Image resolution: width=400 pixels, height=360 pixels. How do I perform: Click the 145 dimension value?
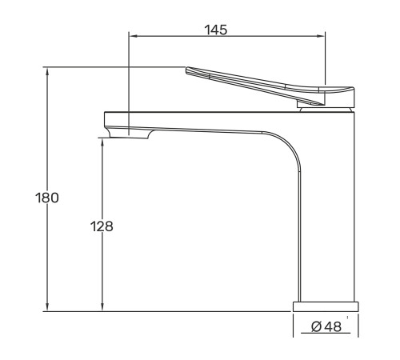coord(216,30)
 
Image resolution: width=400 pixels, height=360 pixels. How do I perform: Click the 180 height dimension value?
coord(47,198)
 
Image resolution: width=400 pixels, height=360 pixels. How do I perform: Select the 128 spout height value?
coord(102,226)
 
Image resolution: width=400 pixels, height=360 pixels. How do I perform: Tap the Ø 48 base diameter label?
coord(326,326)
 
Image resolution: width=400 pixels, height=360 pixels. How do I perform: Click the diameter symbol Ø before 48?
coord(316,326)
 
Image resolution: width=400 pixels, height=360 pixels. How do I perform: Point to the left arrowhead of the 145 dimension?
coord(133,36)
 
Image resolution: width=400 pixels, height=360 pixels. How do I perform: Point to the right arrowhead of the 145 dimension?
coord(322,36)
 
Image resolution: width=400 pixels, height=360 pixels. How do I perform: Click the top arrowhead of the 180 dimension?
coord(47,71)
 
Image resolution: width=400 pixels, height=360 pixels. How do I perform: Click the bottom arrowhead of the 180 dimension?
coord(47,307)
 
